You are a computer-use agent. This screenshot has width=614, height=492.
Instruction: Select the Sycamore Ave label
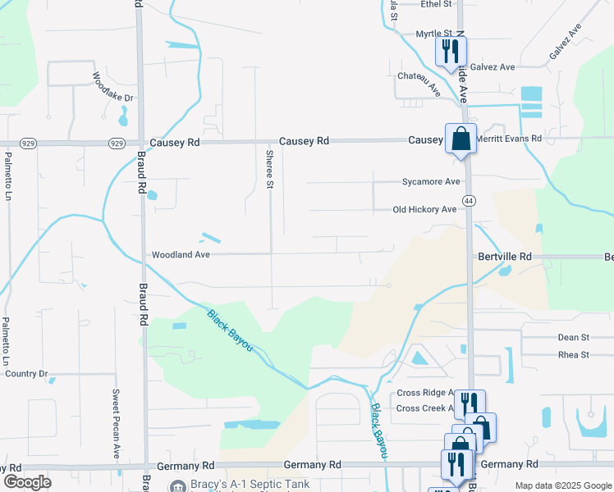coord(431,182)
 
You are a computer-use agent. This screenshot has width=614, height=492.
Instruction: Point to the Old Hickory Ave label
coord(424,210)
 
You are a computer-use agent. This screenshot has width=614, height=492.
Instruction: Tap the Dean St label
coord(574,337)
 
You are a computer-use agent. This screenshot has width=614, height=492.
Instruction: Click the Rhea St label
coord(574,355)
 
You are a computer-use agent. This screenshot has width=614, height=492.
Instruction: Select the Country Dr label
coord(27,374)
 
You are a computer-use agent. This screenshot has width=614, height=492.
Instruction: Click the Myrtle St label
coord(433,34)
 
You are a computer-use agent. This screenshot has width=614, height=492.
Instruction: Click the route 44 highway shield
coord(469,201)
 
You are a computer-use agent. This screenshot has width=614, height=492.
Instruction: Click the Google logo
coord(28,482)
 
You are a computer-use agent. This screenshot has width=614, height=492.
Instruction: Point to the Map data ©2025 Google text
coord(562,485)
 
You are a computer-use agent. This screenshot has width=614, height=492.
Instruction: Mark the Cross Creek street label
coord(424,408)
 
